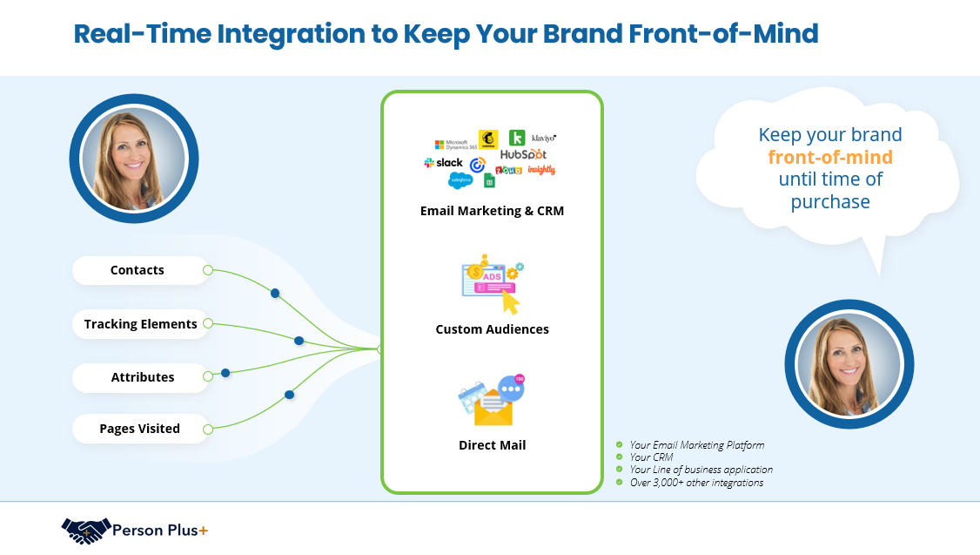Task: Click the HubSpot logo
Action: (523, 154)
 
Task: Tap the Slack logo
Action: (444, 163)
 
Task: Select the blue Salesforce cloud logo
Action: (460, 180)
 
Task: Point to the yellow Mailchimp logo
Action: (487, 139)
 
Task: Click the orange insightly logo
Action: (541, 170)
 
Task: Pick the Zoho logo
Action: (508, 170)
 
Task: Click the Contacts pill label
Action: (138, 270)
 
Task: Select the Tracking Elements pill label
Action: (141, 324)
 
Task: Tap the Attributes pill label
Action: (143, 377)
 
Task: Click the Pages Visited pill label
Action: (140, 429)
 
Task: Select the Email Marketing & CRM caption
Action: (492, 211)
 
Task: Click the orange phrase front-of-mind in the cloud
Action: (830, 157)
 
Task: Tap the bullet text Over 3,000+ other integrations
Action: (696, 483)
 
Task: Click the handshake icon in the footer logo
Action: (86, 530)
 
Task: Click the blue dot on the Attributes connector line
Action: (225, 373)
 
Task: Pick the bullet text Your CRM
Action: (652, 457)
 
